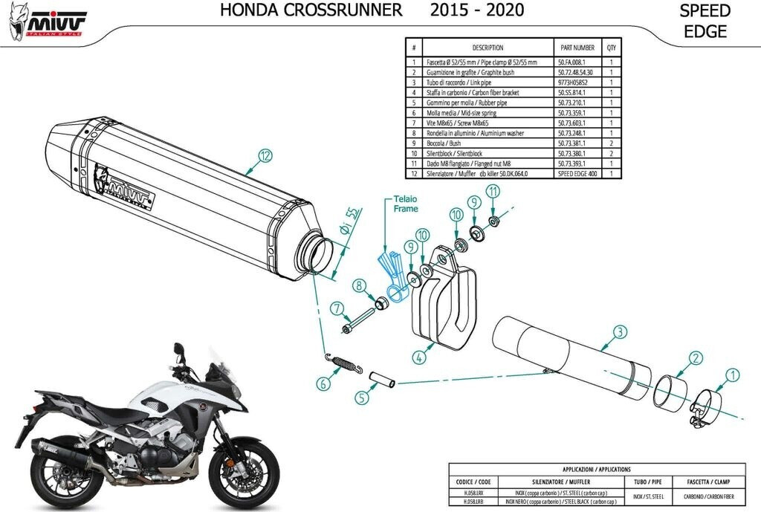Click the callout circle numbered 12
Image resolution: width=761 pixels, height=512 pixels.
pos(265,155)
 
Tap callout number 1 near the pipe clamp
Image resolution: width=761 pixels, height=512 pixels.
pos(732,376)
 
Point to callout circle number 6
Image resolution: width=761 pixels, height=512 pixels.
pos(323,384)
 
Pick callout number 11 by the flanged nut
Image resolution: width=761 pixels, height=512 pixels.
pos(491,192)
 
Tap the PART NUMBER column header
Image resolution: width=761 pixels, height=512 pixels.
pos(577,48)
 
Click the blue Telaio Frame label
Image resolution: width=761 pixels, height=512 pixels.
pos(406,204)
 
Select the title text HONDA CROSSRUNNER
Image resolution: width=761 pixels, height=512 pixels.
pos(312,10)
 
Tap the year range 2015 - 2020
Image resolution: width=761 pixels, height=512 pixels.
pos(476,10)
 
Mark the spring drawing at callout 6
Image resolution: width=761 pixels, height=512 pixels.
pos(344,363)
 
